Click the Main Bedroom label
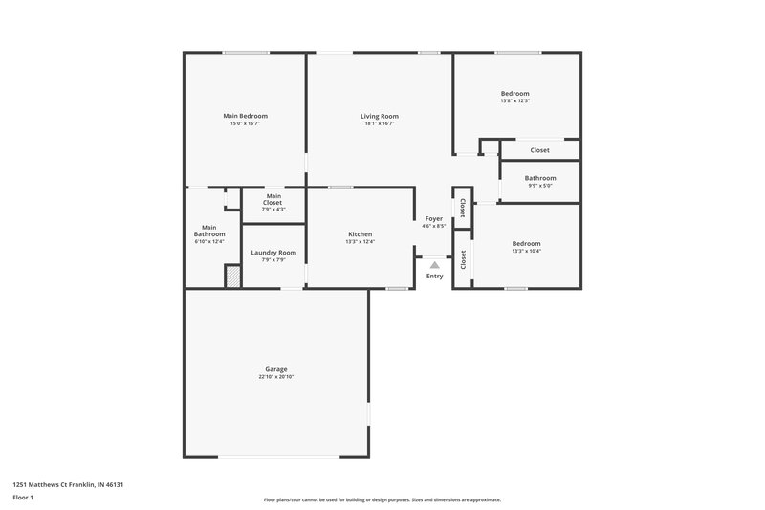pos(246,116)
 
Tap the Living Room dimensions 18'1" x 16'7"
pos(381,123)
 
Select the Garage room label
pos(275,369)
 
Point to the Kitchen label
pos(360,234)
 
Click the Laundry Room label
pos(273,253)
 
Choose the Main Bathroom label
pos(209,231)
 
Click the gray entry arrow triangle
pos(434,266)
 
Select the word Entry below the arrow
pos(435,277)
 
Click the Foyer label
pos(434,219)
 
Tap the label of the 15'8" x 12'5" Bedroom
pos(514,94)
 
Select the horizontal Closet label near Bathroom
pos(539,150)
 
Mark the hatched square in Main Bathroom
pos(231,276)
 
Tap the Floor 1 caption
pos(23,498)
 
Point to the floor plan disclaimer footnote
pos(382,499)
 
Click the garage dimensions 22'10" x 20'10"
pos(275,377)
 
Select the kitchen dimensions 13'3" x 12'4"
pos(360,242)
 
